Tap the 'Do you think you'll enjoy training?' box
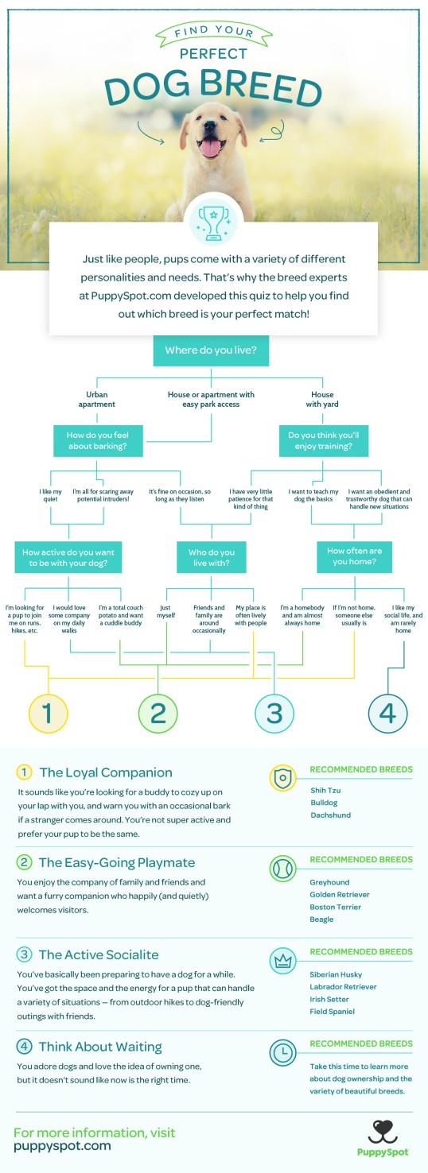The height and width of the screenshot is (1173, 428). click(x=324, y=440)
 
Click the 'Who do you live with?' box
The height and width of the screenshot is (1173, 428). click(x=212, y=557)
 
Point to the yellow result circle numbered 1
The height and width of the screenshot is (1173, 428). click(x=47, y=713)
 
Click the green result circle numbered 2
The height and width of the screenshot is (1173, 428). click(x=158, y=713)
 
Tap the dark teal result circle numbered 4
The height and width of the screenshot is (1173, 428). click(x=387, y=713)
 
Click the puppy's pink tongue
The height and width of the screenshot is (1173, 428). click(x=212, y=146)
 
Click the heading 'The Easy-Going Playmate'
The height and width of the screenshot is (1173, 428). click(x=116, y=862)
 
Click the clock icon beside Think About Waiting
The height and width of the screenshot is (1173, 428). click(x=284, y=1051)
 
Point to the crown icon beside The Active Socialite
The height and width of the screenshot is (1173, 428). click(x=284, y=959)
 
